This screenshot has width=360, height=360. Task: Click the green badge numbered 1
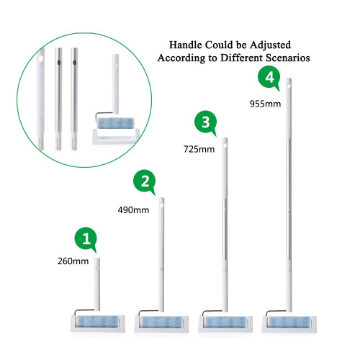[86, 239]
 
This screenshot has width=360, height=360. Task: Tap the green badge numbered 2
[145, 181]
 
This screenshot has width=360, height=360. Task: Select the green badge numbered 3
[206, 122]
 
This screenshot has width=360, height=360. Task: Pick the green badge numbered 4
[269, 77]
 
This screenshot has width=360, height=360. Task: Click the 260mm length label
[73, 261]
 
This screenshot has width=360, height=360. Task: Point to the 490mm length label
[133, 210]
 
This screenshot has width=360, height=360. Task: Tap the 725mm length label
[199, 149]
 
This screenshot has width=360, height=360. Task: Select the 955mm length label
[265, 104]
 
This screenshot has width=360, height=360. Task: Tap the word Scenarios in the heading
[288, 58]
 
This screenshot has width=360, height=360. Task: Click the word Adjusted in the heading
[270, 45]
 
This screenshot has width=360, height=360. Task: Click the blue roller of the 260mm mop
[97, 321]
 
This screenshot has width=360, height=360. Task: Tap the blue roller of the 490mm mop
[161, 322]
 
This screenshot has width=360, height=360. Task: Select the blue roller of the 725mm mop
[225, 322]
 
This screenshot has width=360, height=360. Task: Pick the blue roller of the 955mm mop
[289, 322]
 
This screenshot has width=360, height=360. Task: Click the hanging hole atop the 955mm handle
[289, 84]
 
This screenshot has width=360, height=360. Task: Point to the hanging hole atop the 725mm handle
[225, 145]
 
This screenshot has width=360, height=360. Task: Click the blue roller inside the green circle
[115, 123]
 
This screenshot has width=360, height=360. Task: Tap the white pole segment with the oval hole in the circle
[40, 99]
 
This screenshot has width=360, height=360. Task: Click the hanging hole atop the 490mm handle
[161, 204]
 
